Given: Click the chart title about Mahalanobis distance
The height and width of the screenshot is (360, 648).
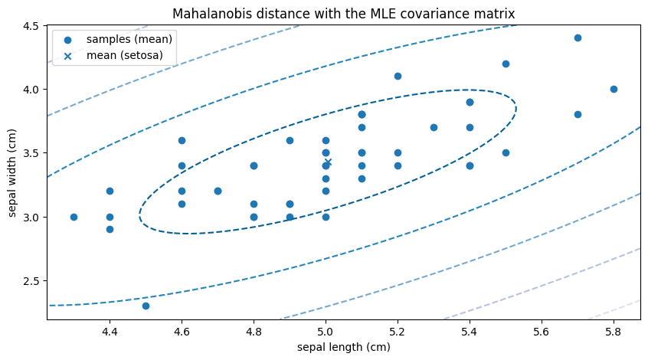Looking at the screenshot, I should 343,13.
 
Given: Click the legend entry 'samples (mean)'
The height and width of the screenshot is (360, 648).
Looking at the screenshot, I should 129,39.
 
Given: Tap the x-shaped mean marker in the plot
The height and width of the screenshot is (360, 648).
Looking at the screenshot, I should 328,162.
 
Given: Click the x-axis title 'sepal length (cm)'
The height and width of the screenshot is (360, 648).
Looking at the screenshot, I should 343,347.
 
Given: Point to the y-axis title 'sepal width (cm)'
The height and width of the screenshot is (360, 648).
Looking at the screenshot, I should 13,172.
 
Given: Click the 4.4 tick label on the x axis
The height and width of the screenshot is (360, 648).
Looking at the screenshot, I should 110,332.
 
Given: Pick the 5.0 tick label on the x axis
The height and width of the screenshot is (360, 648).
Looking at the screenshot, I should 326,332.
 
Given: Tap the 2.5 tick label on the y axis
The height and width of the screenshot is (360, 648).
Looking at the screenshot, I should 31,281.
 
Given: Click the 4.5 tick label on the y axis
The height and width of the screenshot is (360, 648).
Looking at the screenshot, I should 31,25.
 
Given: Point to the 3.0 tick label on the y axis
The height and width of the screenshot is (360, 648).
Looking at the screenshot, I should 31,217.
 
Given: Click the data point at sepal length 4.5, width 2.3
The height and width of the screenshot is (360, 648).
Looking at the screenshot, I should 146,306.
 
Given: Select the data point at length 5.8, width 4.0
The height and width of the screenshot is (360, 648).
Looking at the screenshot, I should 614,89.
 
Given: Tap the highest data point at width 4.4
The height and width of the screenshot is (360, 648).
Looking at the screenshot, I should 578,38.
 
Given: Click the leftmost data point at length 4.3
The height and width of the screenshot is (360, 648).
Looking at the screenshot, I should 74,217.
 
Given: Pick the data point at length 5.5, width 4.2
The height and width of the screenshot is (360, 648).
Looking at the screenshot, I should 506,64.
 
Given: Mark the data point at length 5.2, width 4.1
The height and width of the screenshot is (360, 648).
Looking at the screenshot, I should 398,76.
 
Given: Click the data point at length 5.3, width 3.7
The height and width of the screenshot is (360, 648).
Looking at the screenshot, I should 434,127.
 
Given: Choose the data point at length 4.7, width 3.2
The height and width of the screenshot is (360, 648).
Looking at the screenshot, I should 218,191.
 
